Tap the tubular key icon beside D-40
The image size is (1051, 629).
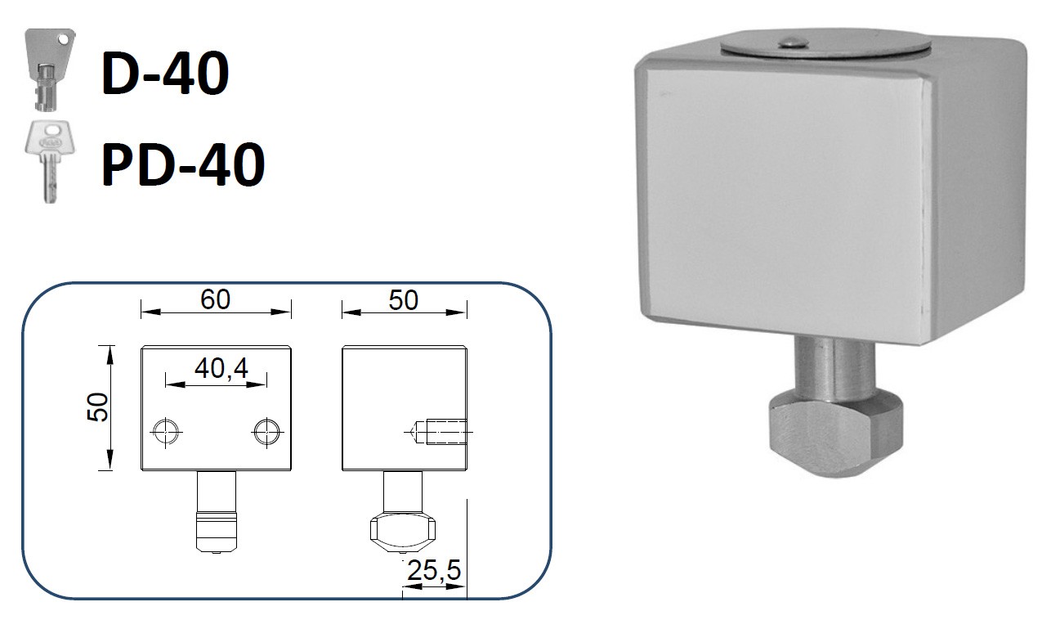tap(46, 70)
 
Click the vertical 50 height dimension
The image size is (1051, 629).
tap(98, 407)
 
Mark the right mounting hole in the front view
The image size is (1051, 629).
tap(266, 430)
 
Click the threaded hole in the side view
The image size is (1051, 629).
tap(437, 430)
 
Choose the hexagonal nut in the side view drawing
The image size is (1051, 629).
tap(401, 529)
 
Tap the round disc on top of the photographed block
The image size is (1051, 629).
tap(825, 46)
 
